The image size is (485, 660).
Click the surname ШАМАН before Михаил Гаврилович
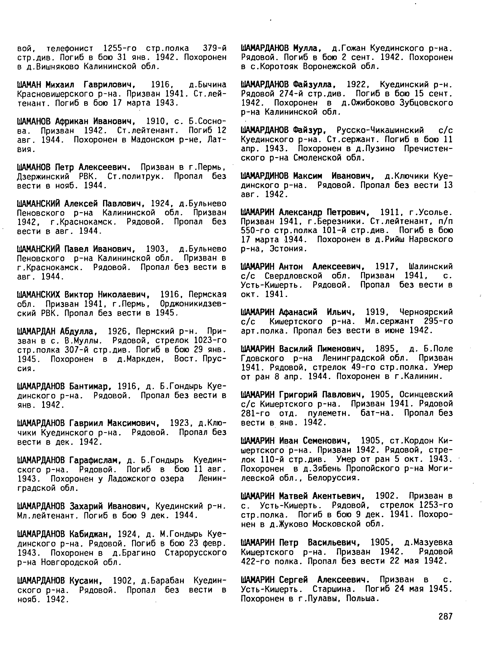30,85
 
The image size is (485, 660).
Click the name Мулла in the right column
307,48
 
